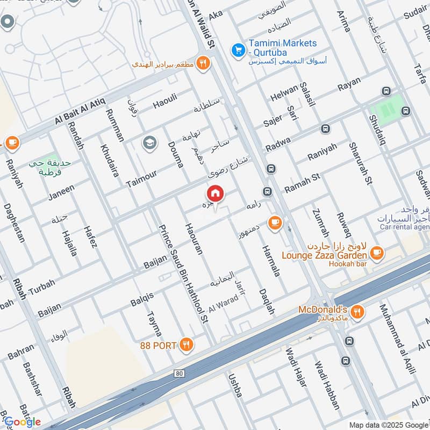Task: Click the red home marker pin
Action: pos(215,193)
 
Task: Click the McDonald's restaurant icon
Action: pos(357,311)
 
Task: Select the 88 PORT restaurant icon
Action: pos(186,345)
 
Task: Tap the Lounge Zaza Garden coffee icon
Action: pos(377,252)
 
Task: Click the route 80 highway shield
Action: pos(179,372)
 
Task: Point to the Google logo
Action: pos(22,422)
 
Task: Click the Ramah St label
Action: pos(302,181)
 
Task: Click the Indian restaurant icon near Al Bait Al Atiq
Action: pos(203,63)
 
